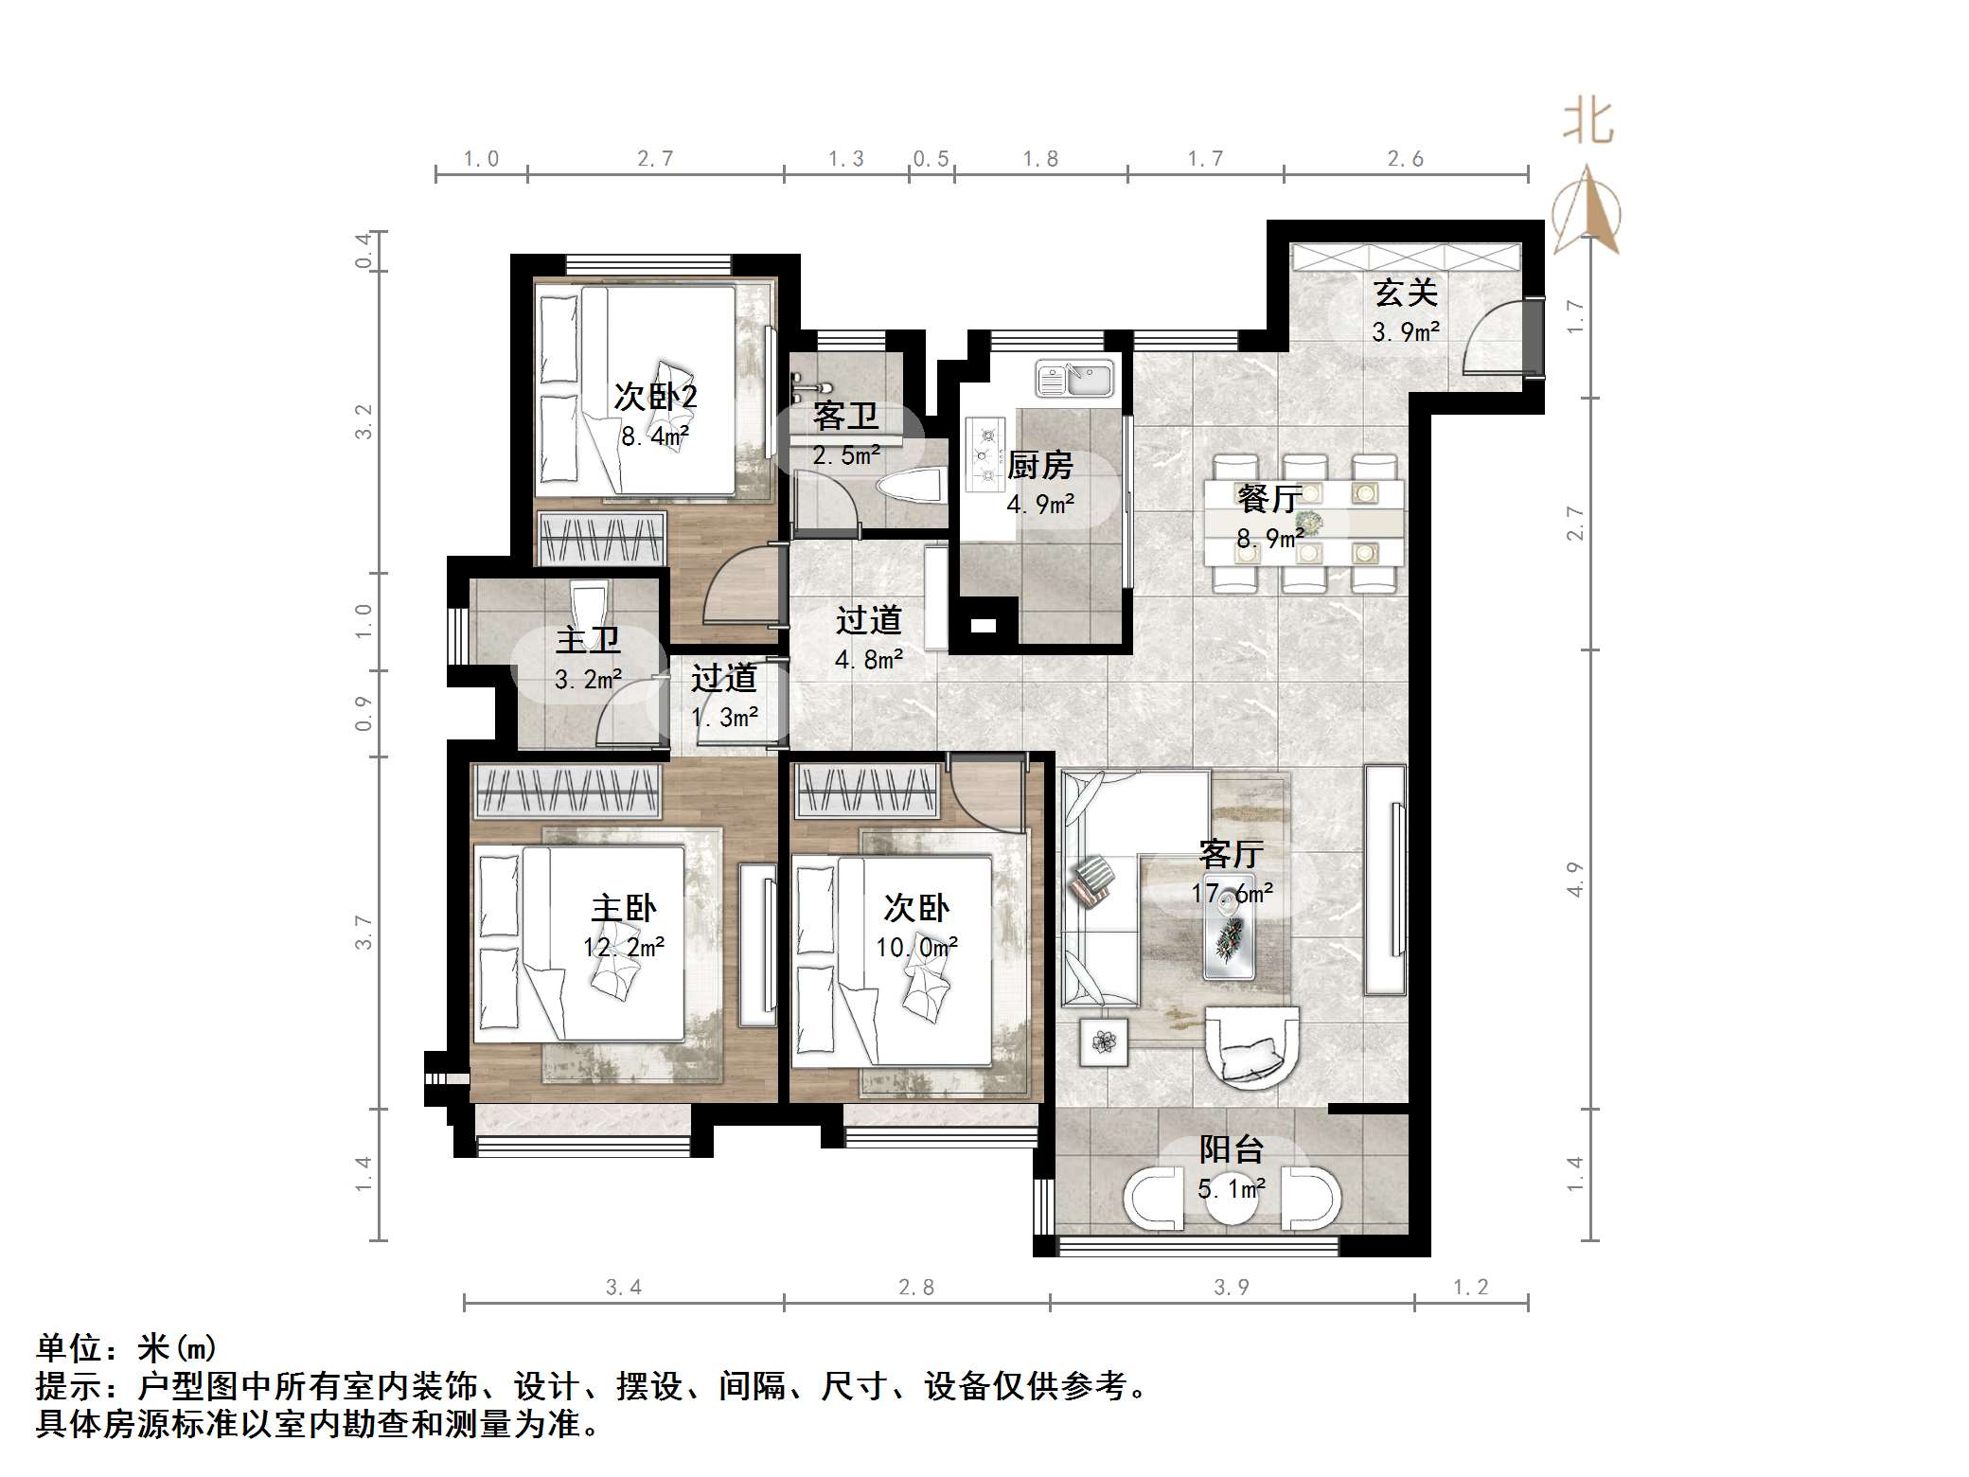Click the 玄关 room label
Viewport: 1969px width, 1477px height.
pos(1405,293)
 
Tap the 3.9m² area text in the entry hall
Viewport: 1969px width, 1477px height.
pos(1405,332)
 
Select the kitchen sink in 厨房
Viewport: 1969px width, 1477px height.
pos(1076,380)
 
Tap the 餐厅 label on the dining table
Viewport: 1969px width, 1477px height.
pos(1268,498)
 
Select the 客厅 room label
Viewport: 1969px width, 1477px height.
pos(1231,854)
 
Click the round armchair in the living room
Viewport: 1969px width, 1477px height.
pos(1251,1046)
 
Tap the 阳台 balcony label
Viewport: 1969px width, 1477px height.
pos(1231,1149)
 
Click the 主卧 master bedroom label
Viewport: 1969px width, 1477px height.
pos(623,909)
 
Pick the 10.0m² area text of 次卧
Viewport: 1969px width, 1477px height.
pos(916,948)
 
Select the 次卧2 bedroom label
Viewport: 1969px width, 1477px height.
pos(655,396)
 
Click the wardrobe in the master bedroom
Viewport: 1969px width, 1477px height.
pos(567,791)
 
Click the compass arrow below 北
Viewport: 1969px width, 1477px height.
pos(1588,210)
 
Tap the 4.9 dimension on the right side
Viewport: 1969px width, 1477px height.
pos(1574,880)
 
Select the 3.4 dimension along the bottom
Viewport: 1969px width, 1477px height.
pos(623,1287)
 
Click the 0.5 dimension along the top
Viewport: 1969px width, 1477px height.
pos(931,159)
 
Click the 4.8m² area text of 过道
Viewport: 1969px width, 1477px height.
pos(869,659)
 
